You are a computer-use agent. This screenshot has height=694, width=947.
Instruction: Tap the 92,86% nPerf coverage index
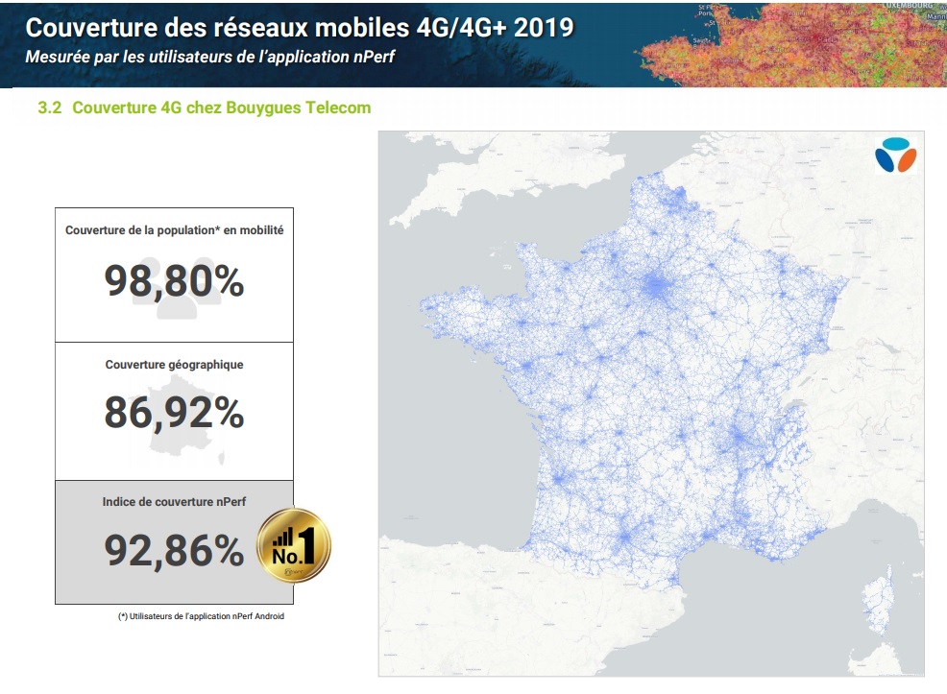coord(174,550)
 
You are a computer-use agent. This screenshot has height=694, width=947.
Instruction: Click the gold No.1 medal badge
coord(293,546)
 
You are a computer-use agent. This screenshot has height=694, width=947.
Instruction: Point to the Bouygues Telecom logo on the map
coord(895,156)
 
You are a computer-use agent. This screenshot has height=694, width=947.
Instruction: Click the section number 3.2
coord(49,108)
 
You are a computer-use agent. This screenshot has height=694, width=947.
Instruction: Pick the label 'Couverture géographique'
coord(174,365)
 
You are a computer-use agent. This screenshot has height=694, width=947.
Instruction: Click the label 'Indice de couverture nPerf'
coord(174,502)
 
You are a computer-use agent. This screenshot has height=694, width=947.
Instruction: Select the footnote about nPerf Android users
coord(201,616)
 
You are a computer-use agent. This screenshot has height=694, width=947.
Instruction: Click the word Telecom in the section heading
coord(337,108)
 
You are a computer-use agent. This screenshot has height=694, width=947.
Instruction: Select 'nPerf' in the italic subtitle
coord(374,57)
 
